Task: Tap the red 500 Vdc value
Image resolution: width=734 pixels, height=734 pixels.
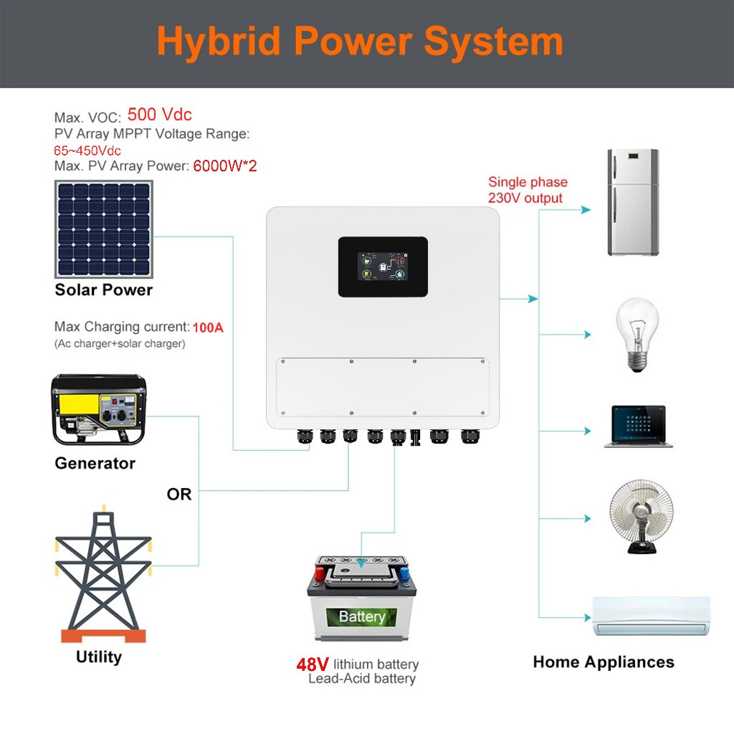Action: tap(159, 115)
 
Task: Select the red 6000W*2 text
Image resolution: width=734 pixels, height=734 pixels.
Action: tap(224, 166)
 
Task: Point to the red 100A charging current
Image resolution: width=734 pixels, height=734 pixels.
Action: tap(208, 328)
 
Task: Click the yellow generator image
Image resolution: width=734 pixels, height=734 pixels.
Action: tap(98, 409)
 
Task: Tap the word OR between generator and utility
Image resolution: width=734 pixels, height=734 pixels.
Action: tap(178, 495)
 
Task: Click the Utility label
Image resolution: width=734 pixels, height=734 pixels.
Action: tap(99, 657)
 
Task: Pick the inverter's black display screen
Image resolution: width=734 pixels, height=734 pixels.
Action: tap(383, 267)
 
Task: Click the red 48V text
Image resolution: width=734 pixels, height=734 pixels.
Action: tap(313, 664)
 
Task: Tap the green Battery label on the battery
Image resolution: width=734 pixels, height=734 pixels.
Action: tap(362, 616)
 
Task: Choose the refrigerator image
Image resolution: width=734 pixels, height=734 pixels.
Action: tap(633, 202)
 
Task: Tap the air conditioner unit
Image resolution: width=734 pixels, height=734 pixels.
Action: tap(652, 616)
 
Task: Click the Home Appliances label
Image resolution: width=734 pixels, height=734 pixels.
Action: tap(604, 662)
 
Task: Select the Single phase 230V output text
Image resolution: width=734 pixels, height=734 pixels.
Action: tap(528, 190)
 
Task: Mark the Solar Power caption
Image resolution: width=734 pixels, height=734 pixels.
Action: tap(104, 290)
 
